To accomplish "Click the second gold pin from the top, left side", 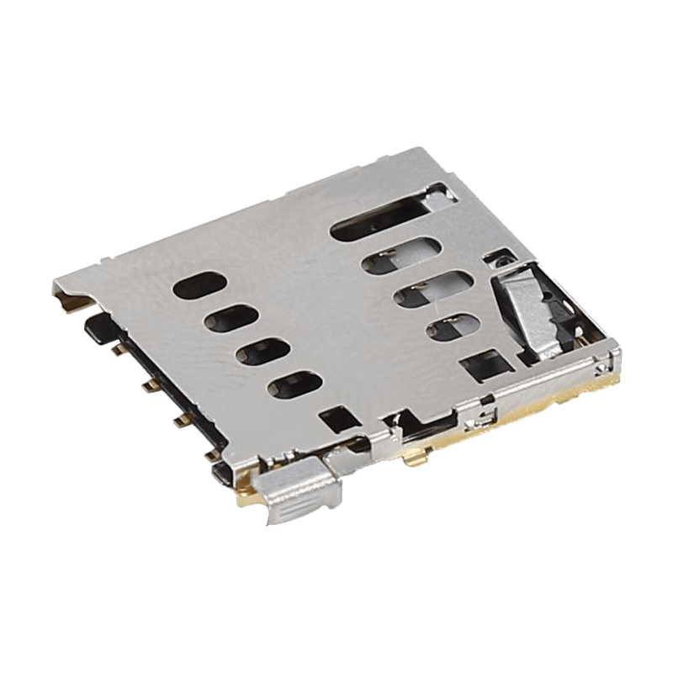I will point(147,385).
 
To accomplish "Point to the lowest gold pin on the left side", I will point(210,457).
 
